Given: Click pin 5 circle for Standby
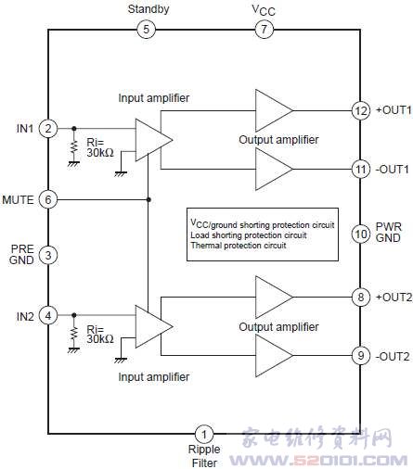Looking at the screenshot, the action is click(146, 30).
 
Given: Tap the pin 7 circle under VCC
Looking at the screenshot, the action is click(264, 30).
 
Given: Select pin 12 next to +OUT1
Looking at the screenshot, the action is click(361, 110).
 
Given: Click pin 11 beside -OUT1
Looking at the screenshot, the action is click(361, 169).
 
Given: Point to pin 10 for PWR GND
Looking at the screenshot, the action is click(361, 234).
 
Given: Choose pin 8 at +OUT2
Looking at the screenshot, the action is click(361, 298).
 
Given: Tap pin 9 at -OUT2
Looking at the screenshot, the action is click(361, 355).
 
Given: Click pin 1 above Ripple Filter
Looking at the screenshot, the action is click(204, 434).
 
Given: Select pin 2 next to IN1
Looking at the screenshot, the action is click(48, 128).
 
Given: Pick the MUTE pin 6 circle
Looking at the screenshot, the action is click(48, 199).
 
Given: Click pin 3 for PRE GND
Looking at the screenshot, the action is click(48, 255).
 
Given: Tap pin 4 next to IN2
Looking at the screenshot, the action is click(48, 315).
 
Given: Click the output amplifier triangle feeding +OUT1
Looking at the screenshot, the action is click(272, 110).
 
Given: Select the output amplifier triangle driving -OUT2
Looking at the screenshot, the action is click(272, 355).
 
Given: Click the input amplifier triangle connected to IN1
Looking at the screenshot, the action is click(151, 140).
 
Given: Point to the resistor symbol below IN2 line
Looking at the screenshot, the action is click(73, 334).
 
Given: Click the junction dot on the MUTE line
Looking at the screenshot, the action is click(148, 199).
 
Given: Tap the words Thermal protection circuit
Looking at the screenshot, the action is click(239, 246).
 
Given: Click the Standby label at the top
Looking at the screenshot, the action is click(148, 9).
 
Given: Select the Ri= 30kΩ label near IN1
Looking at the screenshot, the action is click(100, 147).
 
